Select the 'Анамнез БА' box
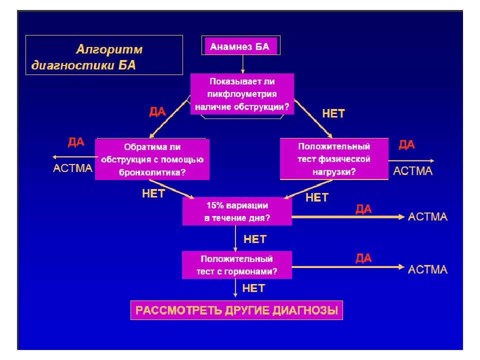[241, 45]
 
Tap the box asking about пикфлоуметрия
[242, 94]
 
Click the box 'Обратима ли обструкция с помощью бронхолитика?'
[152, 159]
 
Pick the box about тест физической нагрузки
[334, 159]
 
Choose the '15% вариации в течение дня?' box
[237, 211]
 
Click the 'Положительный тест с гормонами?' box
[236, 265]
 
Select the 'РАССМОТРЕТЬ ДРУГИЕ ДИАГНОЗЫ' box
[236, 310]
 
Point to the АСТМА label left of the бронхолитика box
[72, 168]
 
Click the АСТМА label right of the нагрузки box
[412, 171]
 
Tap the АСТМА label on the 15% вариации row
[427, 216]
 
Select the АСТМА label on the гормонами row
[427, 269]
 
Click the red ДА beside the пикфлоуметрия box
[157, 111]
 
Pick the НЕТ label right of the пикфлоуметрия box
[333, 113]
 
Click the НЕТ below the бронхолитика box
[153, 193]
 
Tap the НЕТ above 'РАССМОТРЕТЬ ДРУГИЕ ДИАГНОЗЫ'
[253, 288]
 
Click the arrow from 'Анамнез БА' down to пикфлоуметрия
[242, 64]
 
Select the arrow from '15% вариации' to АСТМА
[348, 217]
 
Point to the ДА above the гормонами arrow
[363, 258]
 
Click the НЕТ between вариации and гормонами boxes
[255, 239]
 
